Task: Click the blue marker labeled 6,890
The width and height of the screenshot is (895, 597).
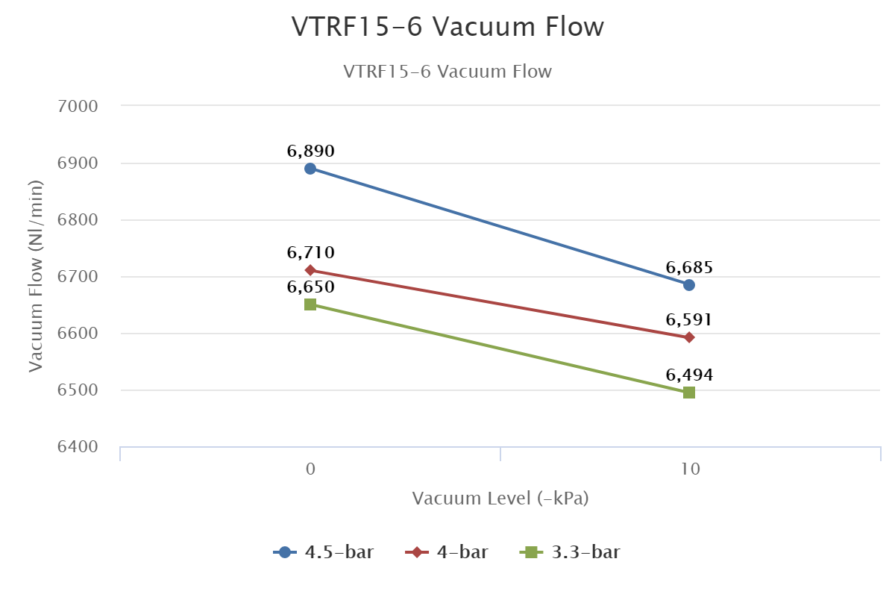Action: point(310,169)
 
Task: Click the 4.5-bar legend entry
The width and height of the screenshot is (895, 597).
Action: point(324,552)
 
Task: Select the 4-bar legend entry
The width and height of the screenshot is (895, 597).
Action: point(447,552)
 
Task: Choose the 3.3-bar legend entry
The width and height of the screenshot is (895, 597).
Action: point(571,552)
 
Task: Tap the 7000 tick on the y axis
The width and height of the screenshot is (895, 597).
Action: point(78,106)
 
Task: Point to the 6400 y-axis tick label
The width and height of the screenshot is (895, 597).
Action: point(78,447)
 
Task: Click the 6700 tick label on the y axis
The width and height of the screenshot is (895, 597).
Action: point(78,277)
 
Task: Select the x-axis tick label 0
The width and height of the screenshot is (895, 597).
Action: point(310,469)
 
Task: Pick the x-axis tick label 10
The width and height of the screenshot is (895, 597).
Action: point(689,469)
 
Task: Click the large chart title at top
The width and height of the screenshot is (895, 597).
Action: point(447,27)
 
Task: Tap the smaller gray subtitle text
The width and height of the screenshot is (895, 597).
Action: point(447,72)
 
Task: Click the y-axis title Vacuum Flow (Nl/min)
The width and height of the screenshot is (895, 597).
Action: point(35,276)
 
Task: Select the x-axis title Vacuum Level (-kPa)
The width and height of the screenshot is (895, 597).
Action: point(500,498)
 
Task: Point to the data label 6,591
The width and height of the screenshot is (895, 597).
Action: point(689,320)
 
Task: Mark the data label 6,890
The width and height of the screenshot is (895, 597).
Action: point(310,151)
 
